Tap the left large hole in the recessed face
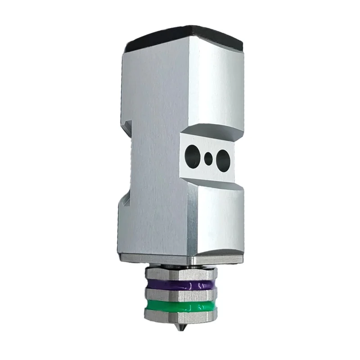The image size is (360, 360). pos(191,155)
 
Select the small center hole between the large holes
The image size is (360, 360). pos(208,157)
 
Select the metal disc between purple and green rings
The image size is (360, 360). pos(180,295)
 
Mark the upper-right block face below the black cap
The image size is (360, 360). pos(216,85)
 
